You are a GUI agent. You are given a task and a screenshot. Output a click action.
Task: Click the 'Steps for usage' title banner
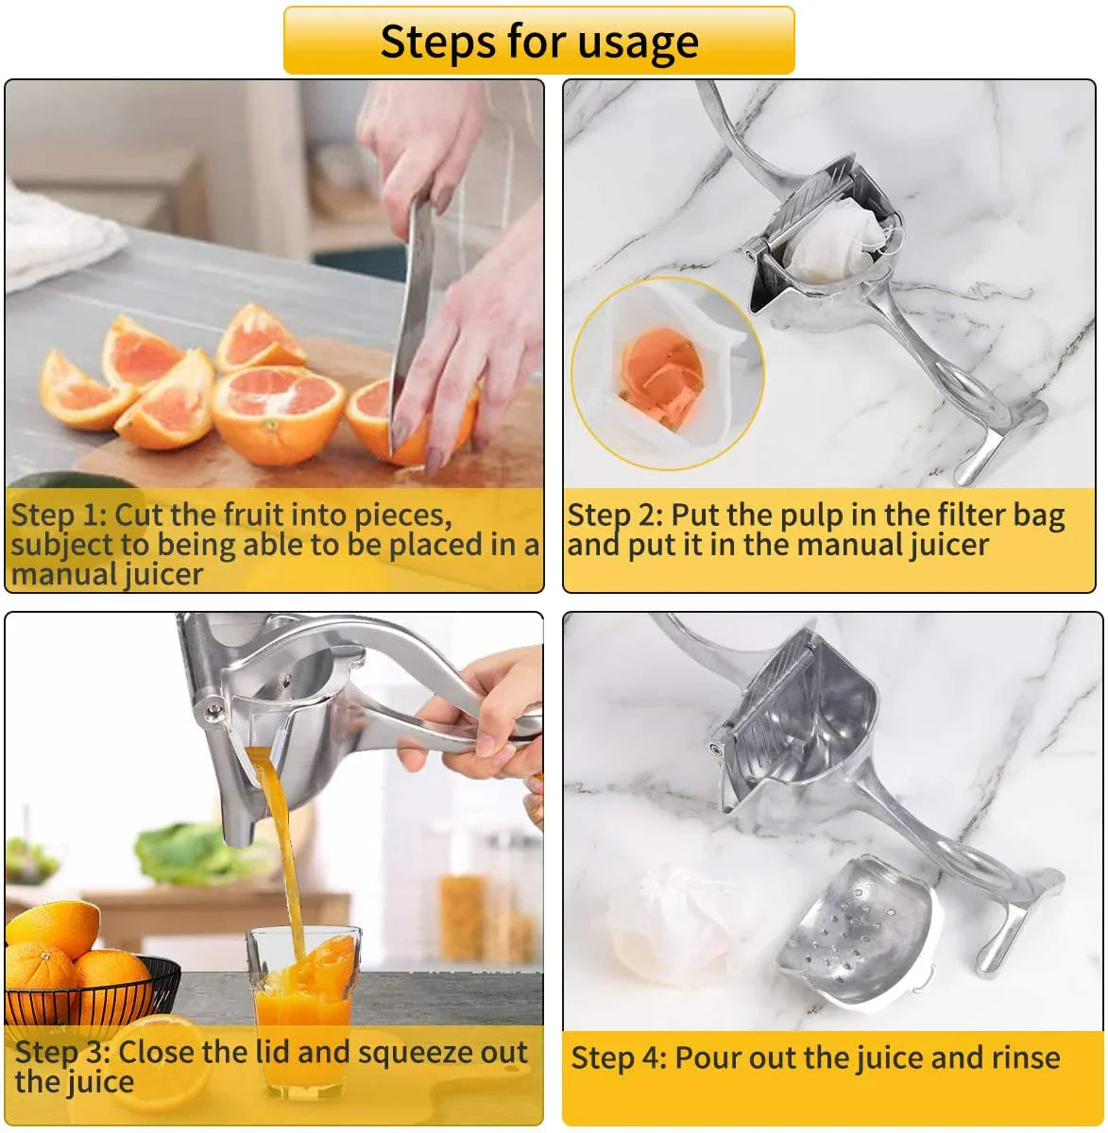click(538, 41)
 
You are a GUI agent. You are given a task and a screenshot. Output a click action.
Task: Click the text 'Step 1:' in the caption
click(58, 516)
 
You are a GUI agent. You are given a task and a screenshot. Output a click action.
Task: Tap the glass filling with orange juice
click(303, 1001)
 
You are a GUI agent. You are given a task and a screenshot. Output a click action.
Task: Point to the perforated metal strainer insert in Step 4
click(860, 930)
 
